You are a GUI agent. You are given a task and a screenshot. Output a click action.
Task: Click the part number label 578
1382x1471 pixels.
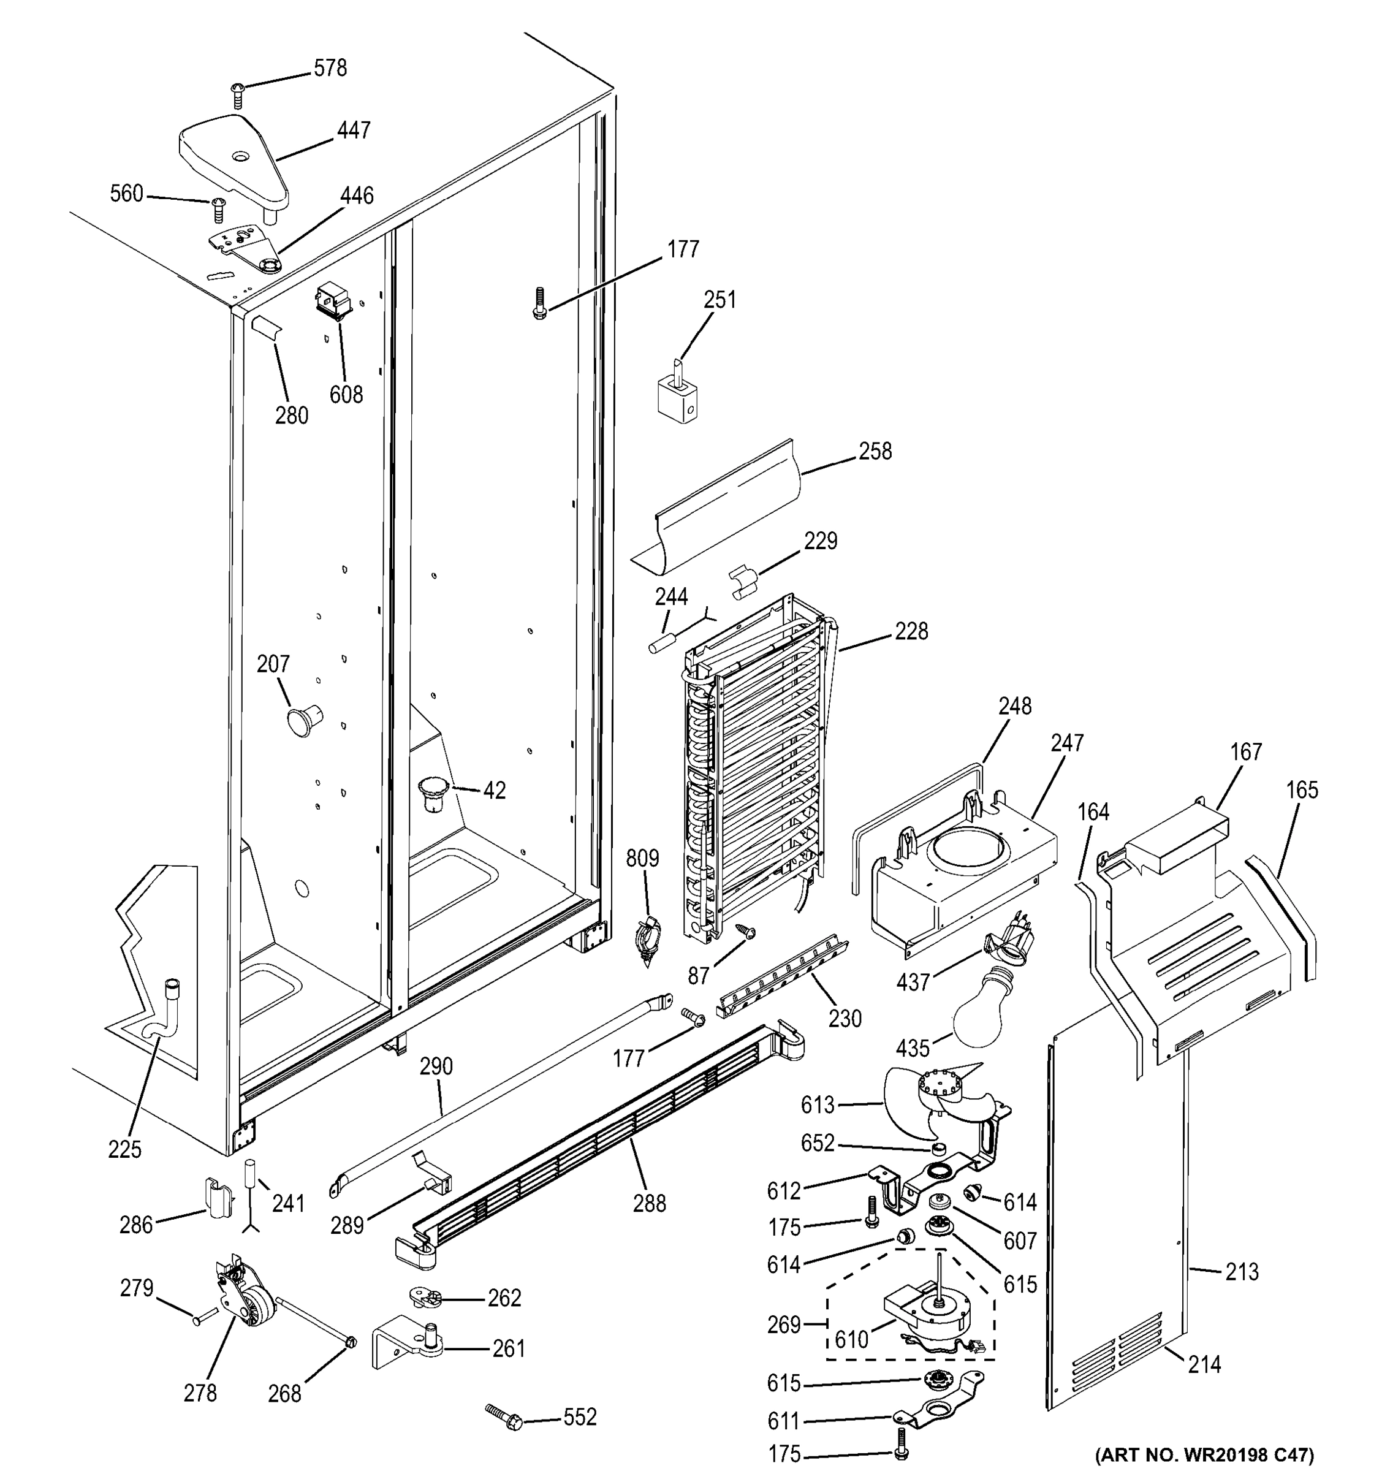330,68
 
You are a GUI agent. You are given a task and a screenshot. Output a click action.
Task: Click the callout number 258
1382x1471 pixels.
875,451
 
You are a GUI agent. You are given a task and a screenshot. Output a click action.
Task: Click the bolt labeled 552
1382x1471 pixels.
504,1417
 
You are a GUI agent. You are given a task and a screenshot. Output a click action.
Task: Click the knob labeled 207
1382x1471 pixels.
303,718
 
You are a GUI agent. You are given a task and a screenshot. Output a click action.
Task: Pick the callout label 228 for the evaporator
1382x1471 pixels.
911,631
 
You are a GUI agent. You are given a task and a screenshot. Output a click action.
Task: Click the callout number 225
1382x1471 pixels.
124,1149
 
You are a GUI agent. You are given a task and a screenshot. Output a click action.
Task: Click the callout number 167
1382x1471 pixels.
1246,752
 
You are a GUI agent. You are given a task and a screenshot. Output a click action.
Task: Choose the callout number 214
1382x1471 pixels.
1204,1364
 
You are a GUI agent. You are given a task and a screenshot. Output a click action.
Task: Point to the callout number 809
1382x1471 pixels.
642,858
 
